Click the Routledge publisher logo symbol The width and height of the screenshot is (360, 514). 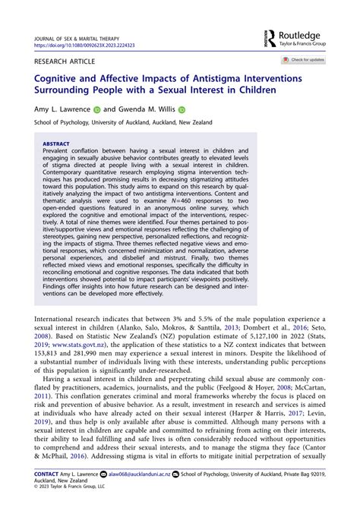[x=270, y=37]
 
